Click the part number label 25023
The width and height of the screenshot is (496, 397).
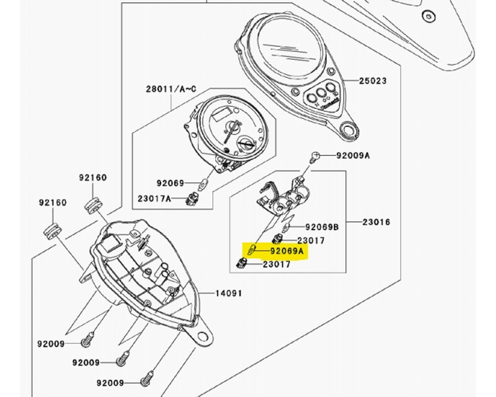click(372, 81)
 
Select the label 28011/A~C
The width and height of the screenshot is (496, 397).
click(171, 89)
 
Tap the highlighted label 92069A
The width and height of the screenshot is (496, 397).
click(287, 251)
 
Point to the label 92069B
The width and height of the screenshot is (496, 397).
click(322, 227)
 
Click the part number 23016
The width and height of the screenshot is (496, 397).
click(376, 222)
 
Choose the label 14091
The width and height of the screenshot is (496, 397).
click(229, 293)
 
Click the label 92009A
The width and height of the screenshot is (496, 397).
click(353, 155)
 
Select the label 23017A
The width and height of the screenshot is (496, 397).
click(154, 199)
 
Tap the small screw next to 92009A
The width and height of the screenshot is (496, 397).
click(315, 156)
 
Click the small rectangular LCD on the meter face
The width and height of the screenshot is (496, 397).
click(222, 115)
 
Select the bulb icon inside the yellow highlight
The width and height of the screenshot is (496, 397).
click(252, 250)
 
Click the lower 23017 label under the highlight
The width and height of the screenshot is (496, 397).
click(276, 264)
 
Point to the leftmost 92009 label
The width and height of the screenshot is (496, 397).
click(51, 343)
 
